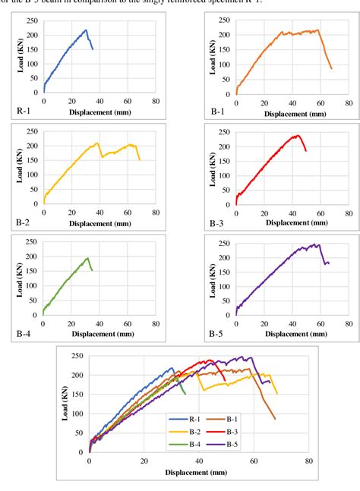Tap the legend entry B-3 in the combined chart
(x=236, y=426)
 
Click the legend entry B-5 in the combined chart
(x=236, y=437)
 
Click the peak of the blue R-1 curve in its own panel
(x=86, y=30)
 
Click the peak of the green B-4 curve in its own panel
(x=87, y=258)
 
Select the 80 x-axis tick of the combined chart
(x=308, y=460)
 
